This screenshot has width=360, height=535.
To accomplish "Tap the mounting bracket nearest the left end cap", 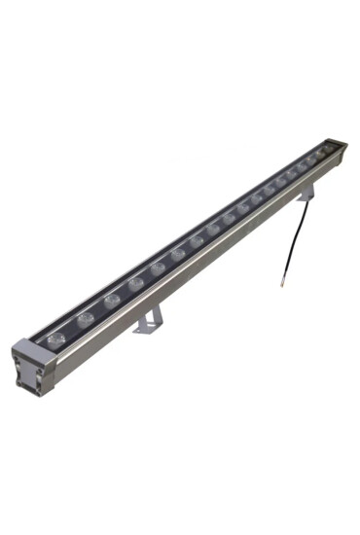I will (x=149, y=319).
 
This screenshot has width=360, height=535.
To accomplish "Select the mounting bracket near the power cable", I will (x=306, y=194).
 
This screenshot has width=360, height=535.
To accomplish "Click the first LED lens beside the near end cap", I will (x=56, y=338).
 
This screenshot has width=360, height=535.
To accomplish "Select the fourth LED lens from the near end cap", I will (x=136, y=283).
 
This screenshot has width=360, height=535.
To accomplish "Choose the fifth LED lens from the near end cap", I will (x=158, y=267).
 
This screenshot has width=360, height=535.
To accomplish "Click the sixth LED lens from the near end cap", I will (x=178, y=254).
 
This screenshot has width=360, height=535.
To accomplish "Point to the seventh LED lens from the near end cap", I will (x=197, y=241).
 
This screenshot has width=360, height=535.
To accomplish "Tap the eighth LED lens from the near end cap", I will (x=213, y=230).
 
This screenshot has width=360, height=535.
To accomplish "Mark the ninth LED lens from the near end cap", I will (x=230, y=218).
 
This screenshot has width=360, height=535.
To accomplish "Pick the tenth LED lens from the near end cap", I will (x=244, y=208).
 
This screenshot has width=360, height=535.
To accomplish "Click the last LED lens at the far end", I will (x=324, y=152).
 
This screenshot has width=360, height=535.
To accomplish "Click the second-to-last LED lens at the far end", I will (x=313, y=160).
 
